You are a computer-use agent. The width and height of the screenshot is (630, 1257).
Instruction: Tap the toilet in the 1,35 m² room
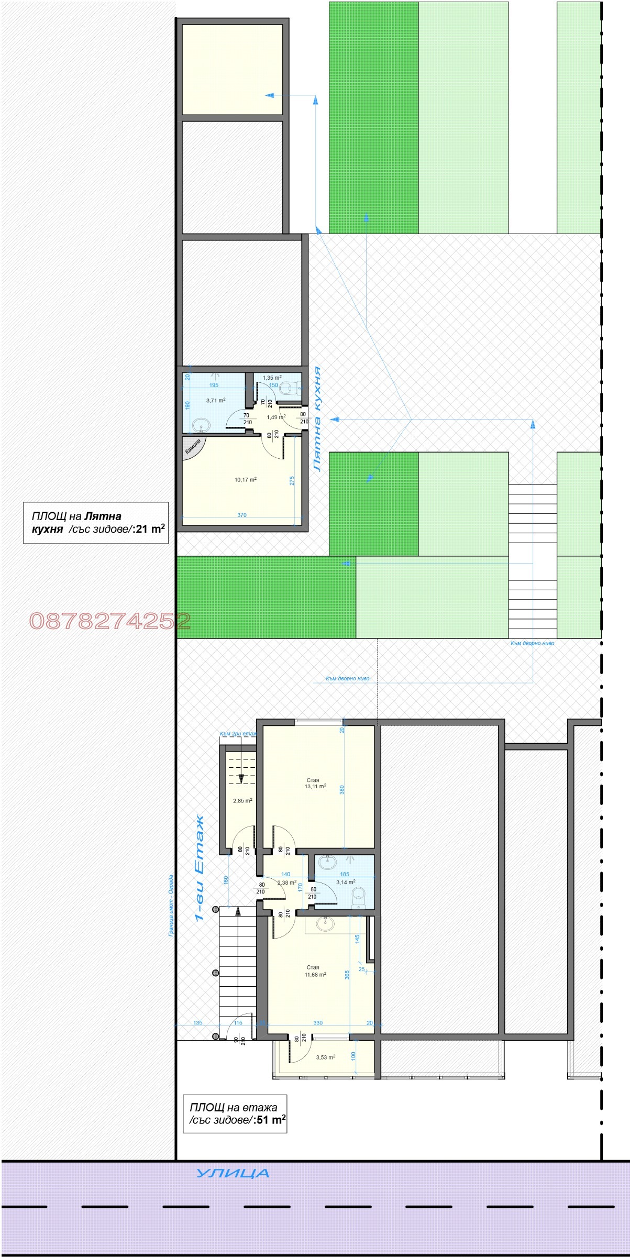pyautogui.click(x=288, y=388)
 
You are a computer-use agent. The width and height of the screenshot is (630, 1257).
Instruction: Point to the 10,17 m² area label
pyautogui.click(x=246, y=479)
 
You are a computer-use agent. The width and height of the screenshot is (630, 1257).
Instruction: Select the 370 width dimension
pyautogui.click(x=241, y=515)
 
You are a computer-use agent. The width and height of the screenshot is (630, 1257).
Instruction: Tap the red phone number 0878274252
pyautogui.click(x=110, y=621)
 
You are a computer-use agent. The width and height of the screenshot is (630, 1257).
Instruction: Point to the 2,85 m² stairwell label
pyautogui.click(x=242, y=801)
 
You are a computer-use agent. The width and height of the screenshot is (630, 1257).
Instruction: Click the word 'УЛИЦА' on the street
pyautogui.click(x=233, y=1173)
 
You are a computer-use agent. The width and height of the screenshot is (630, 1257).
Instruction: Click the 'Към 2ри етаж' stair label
pyautogui.click(x=238, y=734)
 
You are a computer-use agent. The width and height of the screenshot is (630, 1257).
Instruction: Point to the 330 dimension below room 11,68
pyautogui.click(x=317, y=1022)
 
